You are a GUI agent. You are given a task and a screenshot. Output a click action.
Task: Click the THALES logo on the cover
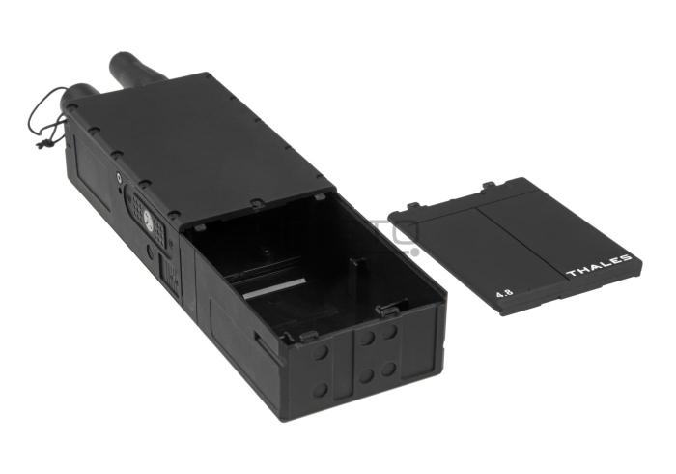click(x=600, y=266)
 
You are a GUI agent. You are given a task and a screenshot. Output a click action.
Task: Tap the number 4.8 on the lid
click(x=504, y=293)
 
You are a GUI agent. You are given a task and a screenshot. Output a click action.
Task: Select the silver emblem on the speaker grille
click(x=149, y=221)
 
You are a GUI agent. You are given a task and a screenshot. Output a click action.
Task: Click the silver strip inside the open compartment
click(x=273, y=288)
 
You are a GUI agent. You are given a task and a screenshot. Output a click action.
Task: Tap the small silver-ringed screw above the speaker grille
click(x=119, y=177)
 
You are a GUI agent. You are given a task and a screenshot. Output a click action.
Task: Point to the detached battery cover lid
click(x=515, y=245)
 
